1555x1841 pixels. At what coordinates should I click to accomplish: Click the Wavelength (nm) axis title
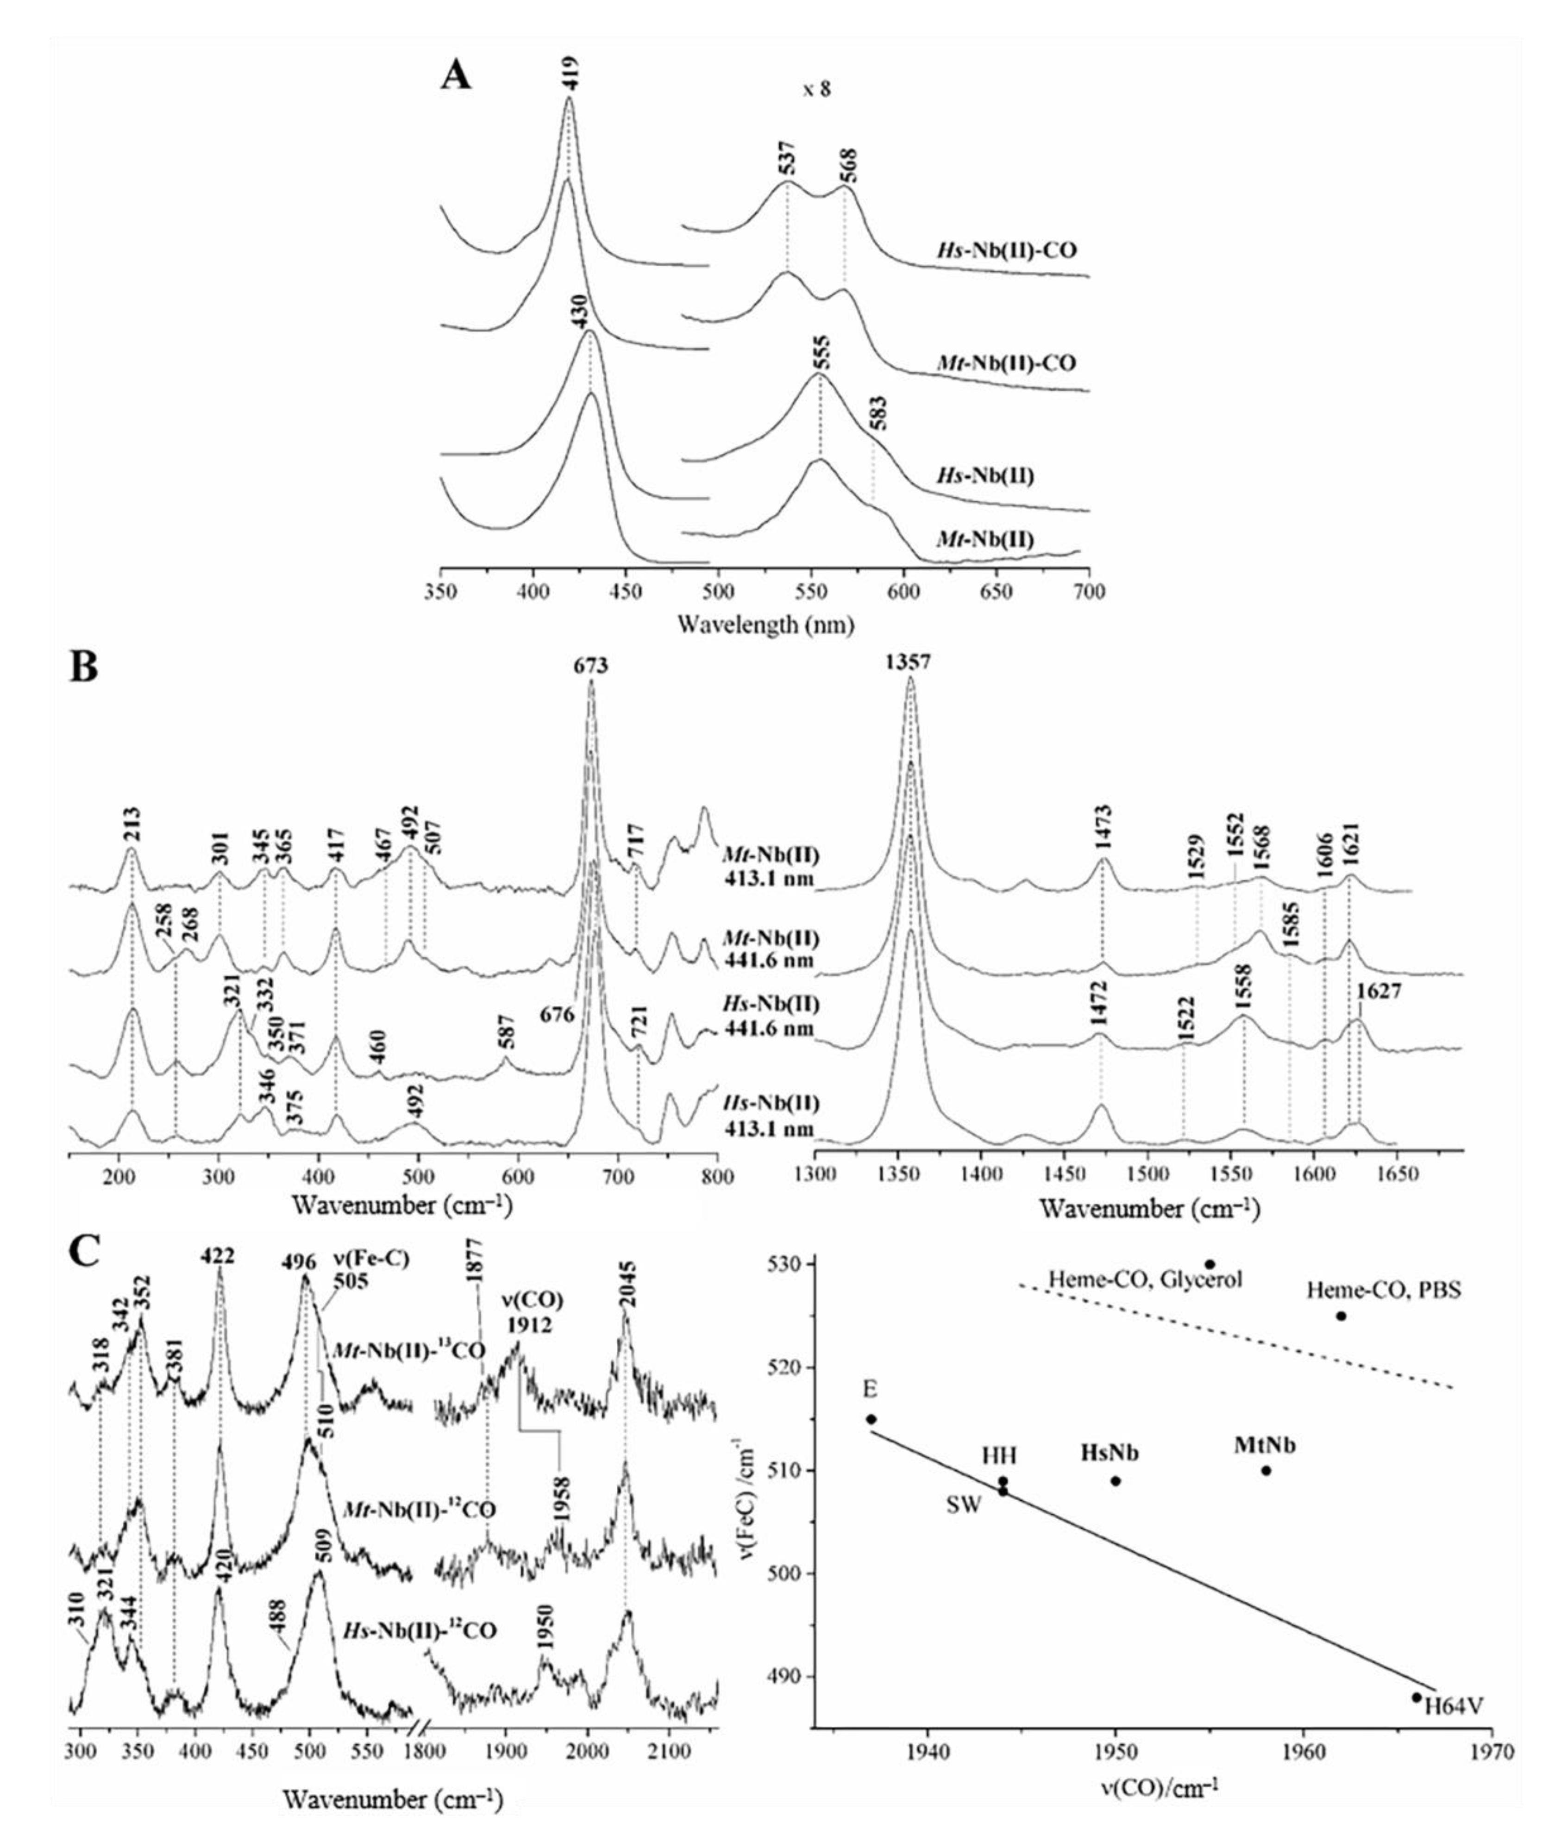[765, 625]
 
